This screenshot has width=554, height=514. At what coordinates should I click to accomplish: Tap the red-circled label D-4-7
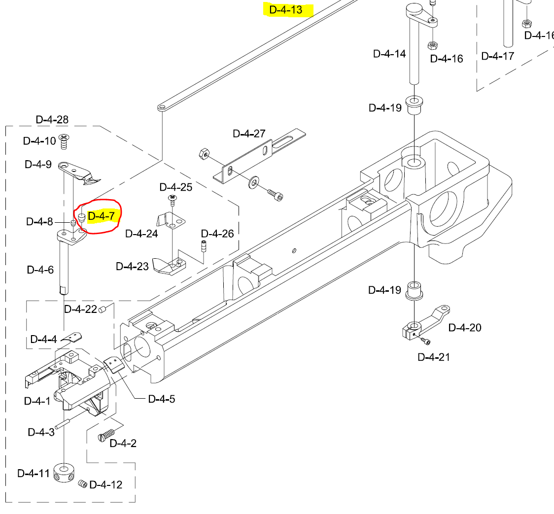(x=101, y=216)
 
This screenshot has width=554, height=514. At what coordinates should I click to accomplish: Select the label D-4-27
(x=249, y=134)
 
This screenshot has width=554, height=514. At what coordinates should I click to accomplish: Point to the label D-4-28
(x=52, y=119)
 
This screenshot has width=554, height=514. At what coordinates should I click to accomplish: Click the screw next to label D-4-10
(x=63, y=141)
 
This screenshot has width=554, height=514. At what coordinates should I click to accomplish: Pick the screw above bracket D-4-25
(x=173, y=199)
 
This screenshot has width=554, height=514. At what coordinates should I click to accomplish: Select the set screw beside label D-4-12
(x=82, y=484)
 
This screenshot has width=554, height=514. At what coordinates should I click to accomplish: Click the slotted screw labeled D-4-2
(x=106, y=435)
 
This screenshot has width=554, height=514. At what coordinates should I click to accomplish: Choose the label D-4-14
(x=389, y=54)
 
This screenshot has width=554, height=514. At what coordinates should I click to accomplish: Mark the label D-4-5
(x=161, y=398)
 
